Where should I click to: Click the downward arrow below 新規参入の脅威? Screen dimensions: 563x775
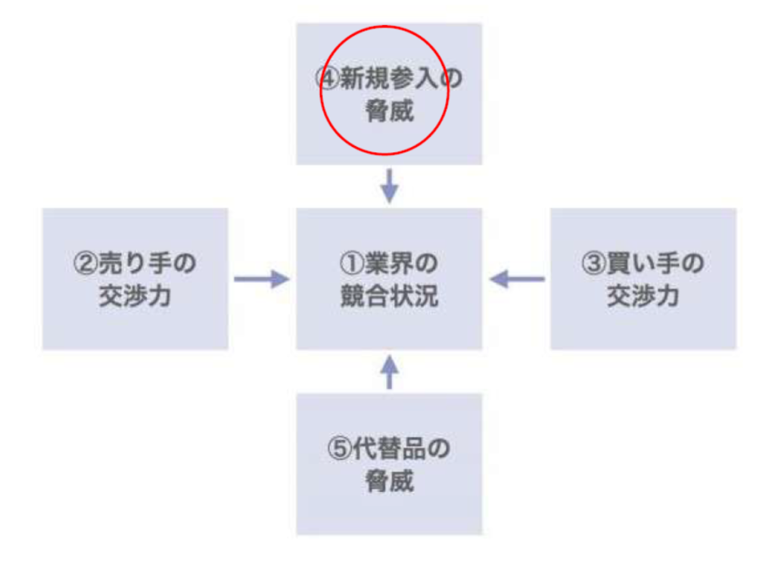[x=389, y=186]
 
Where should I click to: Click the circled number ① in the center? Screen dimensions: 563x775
[x=352, y=264]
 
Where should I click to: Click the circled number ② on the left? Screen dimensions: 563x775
[x=85, y=264]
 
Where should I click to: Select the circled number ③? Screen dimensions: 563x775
[x=593, y=264]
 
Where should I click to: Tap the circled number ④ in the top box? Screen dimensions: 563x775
[x=327, y=79]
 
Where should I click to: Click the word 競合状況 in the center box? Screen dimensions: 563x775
[x=389, y=295]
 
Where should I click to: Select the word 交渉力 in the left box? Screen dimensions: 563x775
[x=135, y=295]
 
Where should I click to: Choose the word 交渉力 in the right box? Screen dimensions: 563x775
[x=643, y=295]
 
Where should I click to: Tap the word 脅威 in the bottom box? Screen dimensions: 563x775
[x=389, y=481]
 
